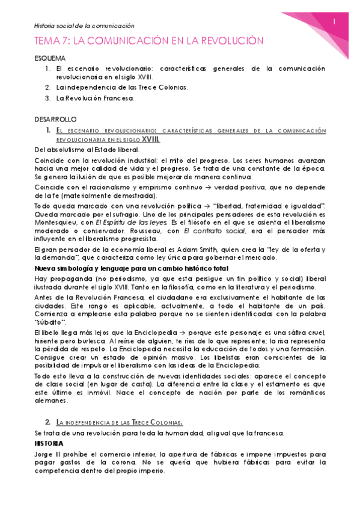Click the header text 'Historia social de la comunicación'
tap(84, 26)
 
